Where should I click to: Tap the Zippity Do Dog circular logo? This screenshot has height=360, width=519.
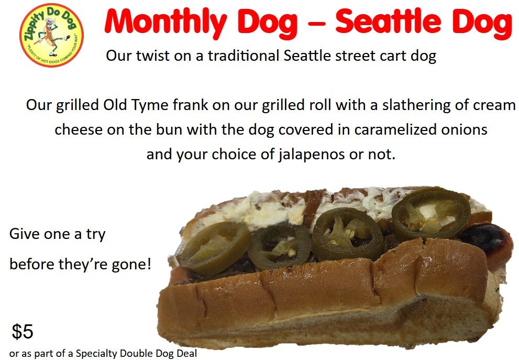[51, 35]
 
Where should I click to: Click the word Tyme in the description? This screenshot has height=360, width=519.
[150, 106]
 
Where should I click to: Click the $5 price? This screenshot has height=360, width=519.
[23, 331]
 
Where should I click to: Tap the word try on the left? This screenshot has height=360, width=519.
[96, 235]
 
